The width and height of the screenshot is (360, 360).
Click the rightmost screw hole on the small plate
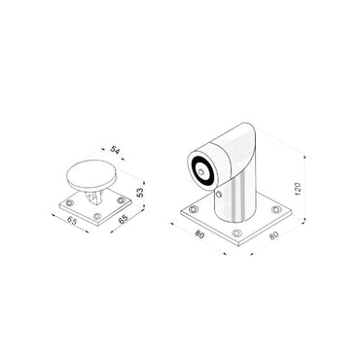tap(120, 202)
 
